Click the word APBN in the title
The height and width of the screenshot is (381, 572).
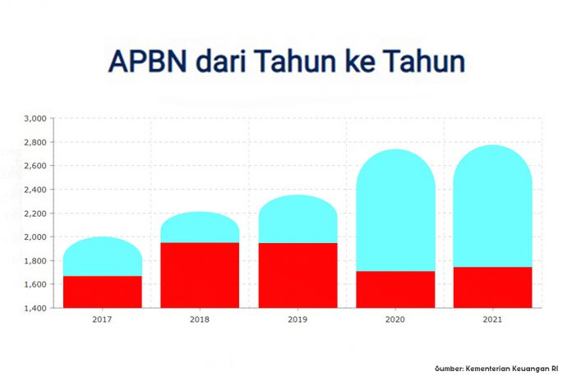tap(148, 61)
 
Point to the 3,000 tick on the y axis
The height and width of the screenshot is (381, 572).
tap(35, 118)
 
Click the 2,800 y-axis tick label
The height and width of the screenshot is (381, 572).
tap(35, 142)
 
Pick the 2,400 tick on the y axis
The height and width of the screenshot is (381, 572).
tap(35, 190)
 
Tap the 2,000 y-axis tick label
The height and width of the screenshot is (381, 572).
tap(35, 237)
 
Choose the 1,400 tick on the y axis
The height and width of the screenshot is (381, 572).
tap(35, 308)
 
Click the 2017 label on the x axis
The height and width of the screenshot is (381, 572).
tap(102, 319)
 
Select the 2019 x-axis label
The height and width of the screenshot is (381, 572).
tap(298, 319)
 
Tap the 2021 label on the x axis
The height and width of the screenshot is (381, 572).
tap(492, 319)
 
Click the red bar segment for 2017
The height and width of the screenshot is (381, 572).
tap(103, 292)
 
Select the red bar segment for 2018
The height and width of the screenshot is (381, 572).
tap(200, 275)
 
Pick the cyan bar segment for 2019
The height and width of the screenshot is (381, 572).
tap(298, 218)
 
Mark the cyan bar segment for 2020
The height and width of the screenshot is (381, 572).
tap(396, 210)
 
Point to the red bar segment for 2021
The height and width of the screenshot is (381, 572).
tap(493, 287)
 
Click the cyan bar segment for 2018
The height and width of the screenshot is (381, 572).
tap(200, 227)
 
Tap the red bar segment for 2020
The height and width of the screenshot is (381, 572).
tap(396, 290)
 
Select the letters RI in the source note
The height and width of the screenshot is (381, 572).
tap(555, 369)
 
